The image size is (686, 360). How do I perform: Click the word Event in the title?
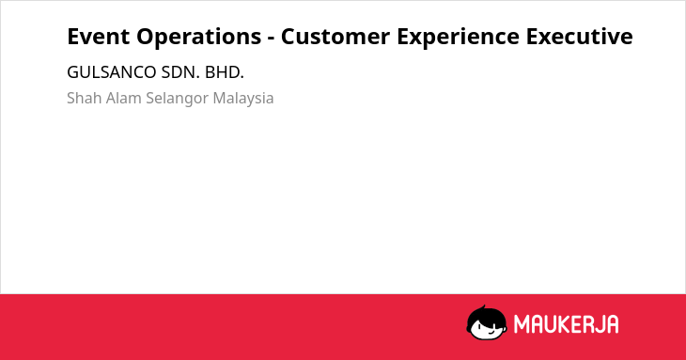[x=98, y=37]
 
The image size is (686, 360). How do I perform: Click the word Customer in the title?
[x=335, y=37]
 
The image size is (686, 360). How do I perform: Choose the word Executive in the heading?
[x=579, y=37]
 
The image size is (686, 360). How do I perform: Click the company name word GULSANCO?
[x=112, y=72]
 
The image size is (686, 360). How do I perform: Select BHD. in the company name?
[x=225, y=72]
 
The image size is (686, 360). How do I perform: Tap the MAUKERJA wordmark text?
[x=566, y=324]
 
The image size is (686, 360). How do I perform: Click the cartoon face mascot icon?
[x=487, y=322]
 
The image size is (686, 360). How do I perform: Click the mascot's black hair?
[x=486, y=314]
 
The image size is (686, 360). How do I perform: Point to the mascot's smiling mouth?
[x=491, y=333]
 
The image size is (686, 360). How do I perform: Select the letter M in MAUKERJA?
[x=521, y=324]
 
